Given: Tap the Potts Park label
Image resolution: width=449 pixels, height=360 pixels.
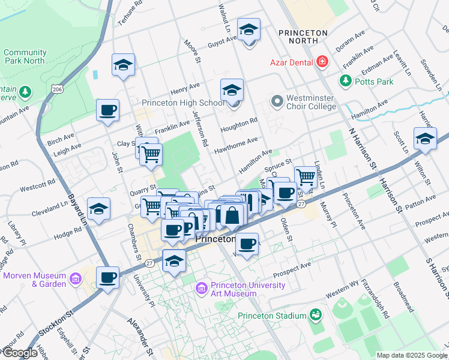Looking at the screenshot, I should [372, 80].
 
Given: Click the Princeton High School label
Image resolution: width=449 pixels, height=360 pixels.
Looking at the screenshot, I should [182, 103].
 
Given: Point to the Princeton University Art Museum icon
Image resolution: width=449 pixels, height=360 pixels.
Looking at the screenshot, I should [202, 289].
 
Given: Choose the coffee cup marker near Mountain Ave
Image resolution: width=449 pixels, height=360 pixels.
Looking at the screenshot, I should [108, 111].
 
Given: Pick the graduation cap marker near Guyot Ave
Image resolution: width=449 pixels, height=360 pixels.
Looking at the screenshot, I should [249, 30].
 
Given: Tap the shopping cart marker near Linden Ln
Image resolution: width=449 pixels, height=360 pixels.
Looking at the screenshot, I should [306, 177].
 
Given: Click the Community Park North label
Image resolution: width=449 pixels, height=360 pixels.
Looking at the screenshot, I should [25, 56].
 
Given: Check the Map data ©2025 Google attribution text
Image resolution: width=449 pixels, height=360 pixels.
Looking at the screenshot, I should [411, 355].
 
